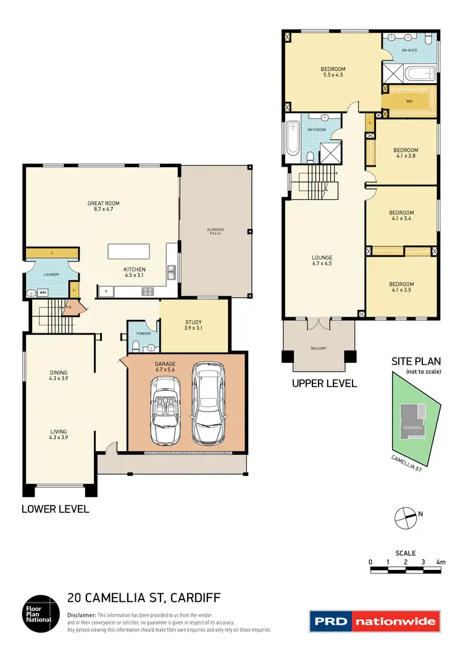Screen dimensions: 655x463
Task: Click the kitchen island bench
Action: [x=128, y=251]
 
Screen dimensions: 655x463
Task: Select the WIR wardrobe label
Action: [x=409, y=101]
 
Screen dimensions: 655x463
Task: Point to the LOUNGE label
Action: [x=322, y=258]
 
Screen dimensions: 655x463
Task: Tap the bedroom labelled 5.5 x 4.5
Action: [x=332, y=72]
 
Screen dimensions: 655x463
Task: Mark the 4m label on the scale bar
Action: [x=440, y=562]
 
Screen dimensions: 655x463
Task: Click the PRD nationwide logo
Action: [x=374, y=621]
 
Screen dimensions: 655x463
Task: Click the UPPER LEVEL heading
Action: [x=324, y=383]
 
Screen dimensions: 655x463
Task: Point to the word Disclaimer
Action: [x=81, y=615]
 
